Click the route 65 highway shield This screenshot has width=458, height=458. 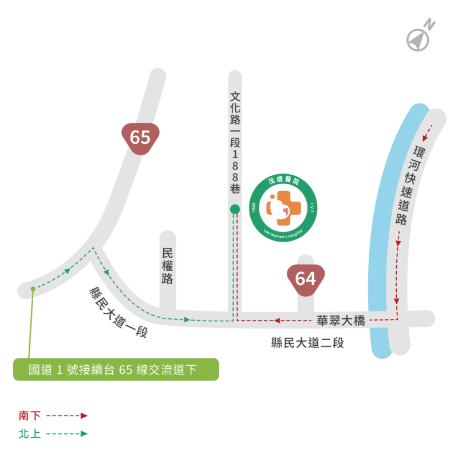(x=140, y=139)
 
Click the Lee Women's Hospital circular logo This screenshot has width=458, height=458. (x=283, y=208)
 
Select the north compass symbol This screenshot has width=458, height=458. (x=418, y=40)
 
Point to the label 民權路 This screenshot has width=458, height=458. (x=167, y=266)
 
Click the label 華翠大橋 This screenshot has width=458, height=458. (x=341, y=321)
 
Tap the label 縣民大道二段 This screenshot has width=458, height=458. (x=307, y=342)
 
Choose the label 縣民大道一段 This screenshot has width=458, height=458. (x=119, y=312)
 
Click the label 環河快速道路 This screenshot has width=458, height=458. (x=408, y=185)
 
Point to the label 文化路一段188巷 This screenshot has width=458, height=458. (x=235, y=143)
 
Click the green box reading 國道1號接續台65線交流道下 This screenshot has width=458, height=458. (x=116, y=369)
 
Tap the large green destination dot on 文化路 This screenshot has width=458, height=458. (x=235, y=209)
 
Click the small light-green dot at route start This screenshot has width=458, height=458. (x=33, y=289)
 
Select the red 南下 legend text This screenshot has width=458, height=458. (x=29, y=416)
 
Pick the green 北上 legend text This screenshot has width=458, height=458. (x=29, y=434)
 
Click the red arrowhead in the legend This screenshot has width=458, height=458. (x=84, y=416)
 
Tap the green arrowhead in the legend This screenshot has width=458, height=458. (x=84, y=434)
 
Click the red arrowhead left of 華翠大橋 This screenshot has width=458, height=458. (x=277, y=321)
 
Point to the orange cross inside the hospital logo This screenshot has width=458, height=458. (x=283, y=208)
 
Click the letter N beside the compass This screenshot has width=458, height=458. (x=429, y=24)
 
